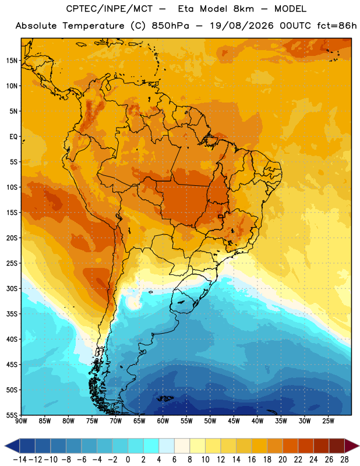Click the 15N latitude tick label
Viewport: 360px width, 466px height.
pos(12,61)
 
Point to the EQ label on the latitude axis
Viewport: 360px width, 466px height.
pos(13,137)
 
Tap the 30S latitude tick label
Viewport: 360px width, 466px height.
pos(12,288)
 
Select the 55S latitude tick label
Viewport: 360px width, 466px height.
pos(12,415)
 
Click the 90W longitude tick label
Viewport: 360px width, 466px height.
pos(21,421)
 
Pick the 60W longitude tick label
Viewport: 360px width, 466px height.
pos(163,421)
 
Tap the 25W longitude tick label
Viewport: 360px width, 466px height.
pos(328,421)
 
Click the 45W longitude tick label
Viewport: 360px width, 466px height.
pos(234,421)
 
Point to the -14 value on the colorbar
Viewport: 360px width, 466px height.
pos(20,460)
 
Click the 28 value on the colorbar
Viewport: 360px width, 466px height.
pos(344,460)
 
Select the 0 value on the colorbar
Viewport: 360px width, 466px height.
pos(128,460)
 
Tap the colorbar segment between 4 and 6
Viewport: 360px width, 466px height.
pos(167,446)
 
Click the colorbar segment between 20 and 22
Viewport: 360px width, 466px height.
pos(291,446)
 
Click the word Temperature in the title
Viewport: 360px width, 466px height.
pos(93,26)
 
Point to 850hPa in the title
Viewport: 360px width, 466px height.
pos(170,26)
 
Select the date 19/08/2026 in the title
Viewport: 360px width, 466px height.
pos(242,26)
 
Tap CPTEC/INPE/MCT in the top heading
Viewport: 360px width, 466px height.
pos(110,9)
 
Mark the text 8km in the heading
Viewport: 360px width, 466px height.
pos(243,9)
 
